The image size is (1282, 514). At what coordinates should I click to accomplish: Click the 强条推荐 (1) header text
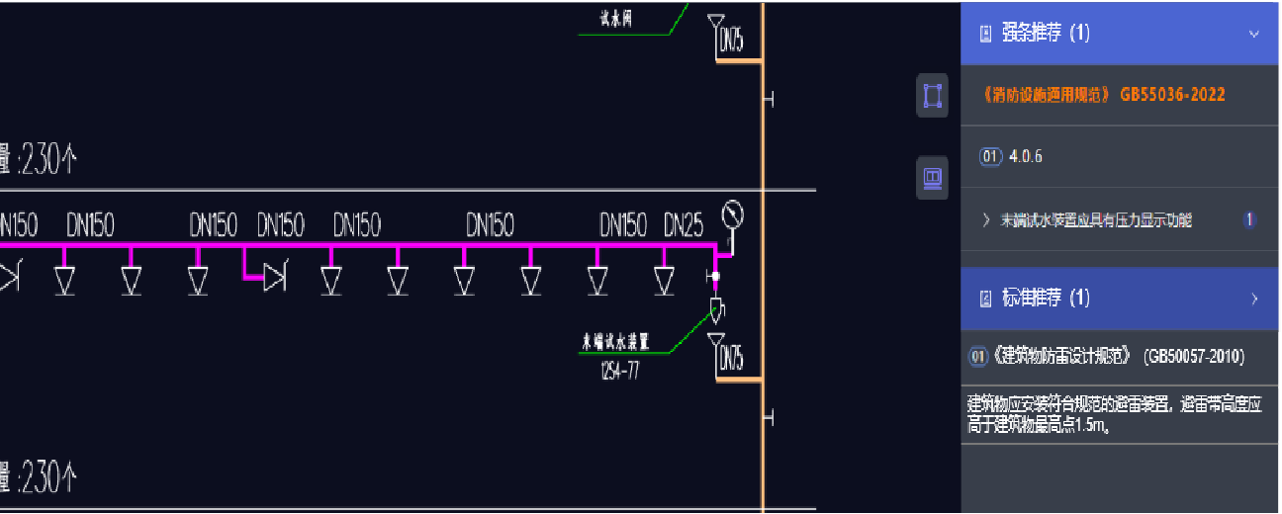click(1045, 34)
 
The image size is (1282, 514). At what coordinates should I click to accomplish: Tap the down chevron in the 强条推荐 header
click(1254, 34)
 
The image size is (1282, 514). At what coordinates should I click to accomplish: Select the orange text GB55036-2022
click(1172, 95)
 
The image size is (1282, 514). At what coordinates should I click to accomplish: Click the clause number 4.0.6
click(1026, 156)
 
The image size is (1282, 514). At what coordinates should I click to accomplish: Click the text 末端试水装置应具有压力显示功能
click(1096, 220)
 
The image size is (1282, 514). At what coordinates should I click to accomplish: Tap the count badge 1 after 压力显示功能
click(1249, 219)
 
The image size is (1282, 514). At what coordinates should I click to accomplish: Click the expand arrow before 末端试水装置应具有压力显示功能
click(986, 220)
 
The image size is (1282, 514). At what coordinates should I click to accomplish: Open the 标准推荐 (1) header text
click(1045, 299)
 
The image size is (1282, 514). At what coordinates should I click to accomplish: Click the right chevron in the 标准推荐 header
click(1254, 299)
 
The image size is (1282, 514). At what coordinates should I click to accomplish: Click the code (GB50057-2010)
click(1194, 357)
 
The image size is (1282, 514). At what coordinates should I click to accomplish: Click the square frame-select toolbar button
click(932, 96)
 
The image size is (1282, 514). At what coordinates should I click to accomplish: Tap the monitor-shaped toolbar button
click(932, 178)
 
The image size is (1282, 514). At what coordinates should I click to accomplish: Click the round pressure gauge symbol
click(733, 214)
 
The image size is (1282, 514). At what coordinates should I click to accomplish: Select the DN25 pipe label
click(684, 225)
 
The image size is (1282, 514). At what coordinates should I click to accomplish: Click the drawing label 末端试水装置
click(614, 342)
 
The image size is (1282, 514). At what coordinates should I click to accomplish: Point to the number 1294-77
click(620, 372)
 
